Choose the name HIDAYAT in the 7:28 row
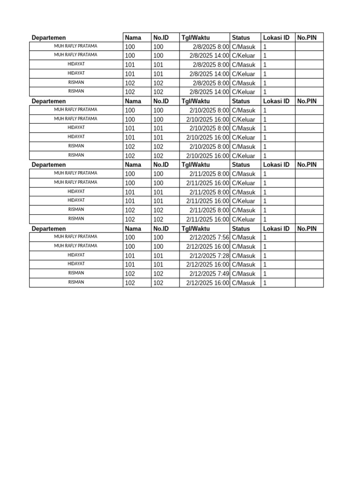(76, 255)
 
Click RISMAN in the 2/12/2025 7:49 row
(76, 273)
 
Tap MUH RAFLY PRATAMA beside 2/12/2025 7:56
(76, 237)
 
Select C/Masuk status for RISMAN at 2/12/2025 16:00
(244, 283)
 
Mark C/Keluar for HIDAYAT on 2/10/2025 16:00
(244, 138)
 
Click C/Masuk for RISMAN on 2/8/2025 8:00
(244, 83)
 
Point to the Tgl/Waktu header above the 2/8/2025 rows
(196, 37)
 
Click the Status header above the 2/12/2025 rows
(241, 229)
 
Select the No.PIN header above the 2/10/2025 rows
(307, 101)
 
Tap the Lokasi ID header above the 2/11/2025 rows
(276, 165)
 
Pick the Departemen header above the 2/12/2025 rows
(49, 229)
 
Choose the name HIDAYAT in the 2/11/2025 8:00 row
(76, 191)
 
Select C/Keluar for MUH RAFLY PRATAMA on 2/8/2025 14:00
(244, 56)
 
